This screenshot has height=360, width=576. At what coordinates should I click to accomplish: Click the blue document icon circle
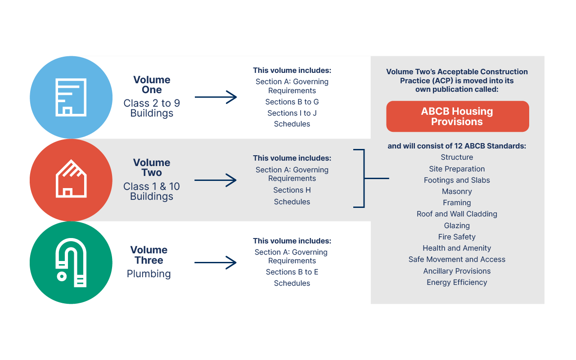[71, 97]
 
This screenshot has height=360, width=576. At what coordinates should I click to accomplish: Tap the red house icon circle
[71, 180]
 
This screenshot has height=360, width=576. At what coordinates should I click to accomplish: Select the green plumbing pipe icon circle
[71, 263]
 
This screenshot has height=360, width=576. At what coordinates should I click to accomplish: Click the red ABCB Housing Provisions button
[457, 117]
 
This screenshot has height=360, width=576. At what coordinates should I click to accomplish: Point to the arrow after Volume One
[216, 97]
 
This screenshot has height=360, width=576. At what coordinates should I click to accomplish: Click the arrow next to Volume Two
[216, 180]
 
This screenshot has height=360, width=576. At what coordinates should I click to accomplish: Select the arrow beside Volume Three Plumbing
[216, 263]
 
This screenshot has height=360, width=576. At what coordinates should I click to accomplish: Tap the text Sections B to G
[292, 102]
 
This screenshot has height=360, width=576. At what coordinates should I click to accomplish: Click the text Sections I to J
[292, 113]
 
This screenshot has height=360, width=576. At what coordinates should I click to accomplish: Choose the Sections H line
[292, 190]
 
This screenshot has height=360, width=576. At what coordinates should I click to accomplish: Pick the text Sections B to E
[292, 272]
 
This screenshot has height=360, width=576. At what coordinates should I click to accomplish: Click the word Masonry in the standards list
[457, 192]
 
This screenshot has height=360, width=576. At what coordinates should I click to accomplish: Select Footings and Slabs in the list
[457, 180]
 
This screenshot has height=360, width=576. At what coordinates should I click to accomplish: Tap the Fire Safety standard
[457, 237]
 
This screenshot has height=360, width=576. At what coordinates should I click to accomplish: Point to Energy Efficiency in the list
[457, 283]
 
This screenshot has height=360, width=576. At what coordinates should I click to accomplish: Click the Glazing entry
[457, 226]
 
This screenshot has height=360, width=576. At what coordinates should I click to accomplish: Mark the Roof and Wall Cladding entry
[457, 214]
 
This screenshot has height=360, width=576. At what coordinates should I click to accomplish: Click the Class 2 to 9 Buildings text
[152, 108]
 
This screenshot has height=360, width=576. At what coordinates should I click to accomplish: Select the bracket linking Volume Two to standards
[364, 179]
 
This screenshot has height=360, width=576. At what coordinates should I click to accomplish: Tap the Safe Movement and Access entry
[457, 260]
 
